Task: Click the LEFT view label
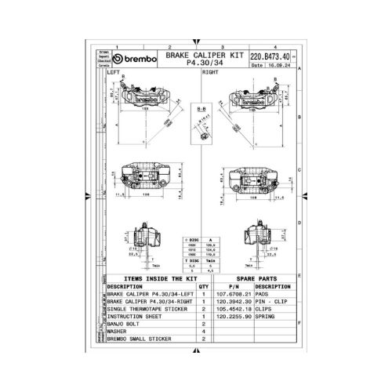115,72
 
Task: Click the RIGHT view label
211,72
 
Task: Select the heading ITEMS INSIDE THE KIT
151,278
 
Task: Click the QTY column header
203,286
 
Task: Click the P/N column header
232,286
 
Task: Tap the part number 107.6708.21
233,294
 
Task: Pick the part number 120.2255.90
233,318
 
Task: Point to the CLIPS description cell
264,310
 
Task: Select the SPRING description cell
266,318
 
